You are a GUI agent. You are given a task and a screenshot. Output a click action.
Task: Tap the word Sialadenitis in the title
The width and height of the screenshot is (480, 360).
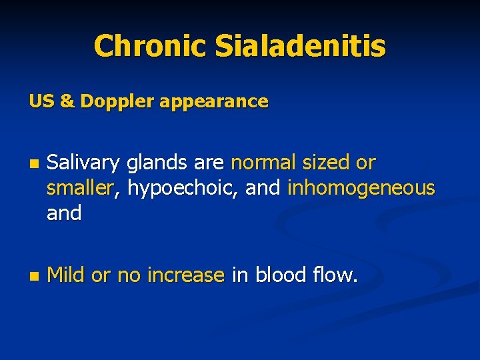click(x=300, y=46)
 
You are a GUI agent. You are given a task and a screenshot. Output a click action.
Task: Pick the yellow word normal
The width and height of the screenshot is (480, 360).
click(x=264, y=163)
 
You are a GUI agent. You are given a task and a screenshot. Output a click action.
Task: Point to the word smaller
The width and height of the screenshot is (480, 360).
click(x=81, y=189)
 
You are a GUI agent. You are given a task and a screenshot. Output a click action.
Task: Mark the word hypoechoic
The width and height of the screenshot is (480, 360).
click(x=183, y=189)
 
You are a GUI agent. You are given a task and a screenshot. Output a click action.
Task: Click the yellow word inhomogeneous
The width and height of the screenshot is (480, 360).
click(x=361, y=189)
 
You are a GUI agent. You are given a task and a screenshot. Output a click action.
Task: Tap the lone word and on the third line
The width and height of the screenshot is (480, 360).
click(x=64, y=214)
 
